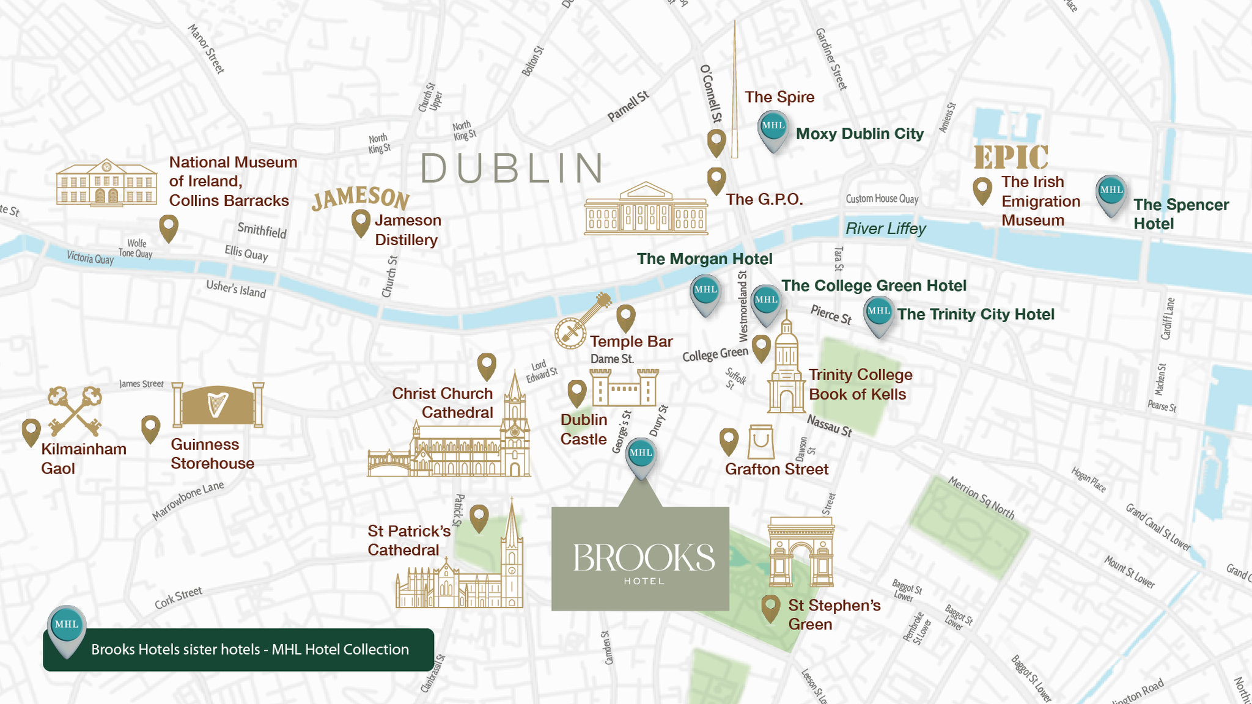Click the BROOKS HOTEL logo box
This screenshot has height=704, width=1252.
tap(640, 558)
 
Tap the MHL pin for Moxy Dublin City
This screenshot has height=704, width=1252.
tap(773, 129)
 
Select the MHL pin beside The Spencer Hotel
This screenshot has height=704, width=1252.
tap(1111, 194)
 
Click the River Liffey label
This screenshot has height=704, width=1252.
tap(885, 229)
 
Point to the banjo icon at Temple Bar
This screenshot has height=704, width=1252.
tap(581, 321)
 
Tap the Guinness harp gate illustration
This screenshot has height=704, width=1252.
tap(218, 405)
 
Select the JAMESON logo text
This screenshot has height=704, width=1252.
tap(360, 197)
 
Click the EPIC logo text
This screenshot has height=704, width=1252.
tap(1011, 157)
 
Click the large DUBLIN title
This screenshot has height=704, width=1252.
tap(512, 169)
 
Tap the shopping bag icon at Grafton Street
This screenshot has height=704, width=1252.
tap(761, 441)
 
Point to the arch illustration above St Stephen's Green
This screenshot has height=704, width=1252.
tap(801, 552)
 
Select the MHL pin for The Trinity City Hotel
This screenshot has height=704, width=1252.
tap(879, 315)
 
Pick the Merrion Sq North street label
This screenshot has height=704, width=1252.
tap(981, 498)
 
